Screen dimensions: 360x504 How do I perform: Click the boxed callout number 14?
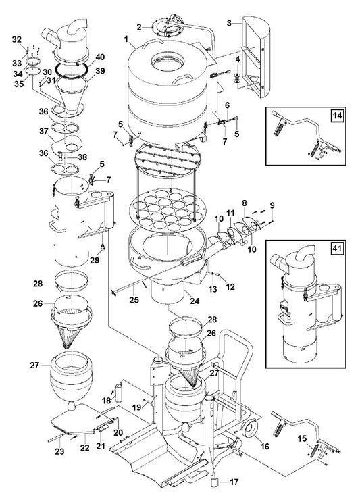[x=337, y=115]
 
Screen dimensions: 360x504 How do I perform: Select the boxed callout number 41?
[x=337, y=248]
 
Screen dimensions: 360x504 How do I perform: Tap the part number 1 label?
[x=126, y=39]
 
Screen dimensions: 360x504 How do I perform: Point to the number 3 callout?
[x=229, y=23]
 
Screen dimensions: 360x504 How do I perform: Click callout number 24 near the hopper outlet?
[x=195, y=301]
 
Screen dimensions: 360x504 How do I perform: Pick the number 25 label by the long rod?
[x=134, y=299]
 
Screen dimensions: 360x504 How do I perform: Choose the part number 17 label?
[x=234, y=482]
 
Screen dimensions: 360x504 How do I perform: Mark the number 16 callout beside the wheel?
[x=265, y=446]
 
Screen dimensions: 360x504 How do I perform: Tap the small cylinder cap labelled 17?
[x=215, y=483]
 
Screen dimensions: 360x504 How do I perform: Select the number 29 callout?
[x=95, y=260]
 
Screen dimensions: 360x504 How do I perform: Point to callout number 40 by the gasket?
[x=100, y=57]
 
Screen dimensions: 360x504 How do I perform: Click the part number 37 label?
[x=44, y=131]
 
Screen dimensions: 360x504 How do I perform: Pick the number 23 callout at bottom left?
[x=59, y=451]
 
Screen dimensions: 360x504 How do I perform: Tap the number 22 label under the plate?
[x=85, y=447]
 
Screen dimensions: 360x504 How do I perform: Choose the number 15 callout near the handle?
[x=302, y=438]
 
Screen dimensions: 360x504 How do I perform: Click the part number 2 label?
[x=139, y=27]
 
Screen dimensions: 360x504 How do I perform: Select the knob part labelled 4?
[x=238, y=78]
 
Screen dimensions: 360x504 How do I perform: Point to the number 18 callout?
[x=107, y=401]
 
